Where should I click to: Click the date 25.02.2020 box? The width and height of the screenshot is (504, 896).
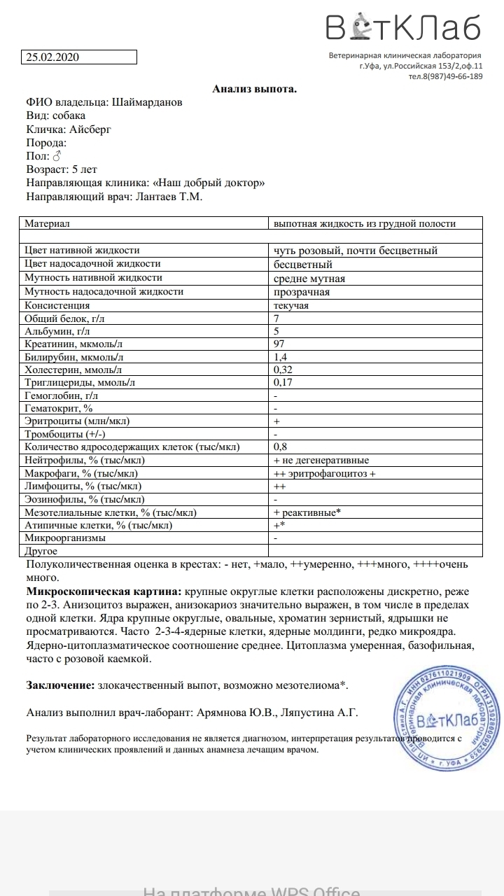coord(78,58)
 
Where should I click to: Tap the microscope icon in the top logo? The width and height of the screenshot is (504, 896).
coord(362,27)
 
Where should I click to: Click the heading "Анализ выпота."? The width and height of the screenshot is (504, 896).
coord(255,89)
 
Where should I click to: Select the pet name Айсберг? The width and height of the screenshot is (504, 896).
coord(90,129)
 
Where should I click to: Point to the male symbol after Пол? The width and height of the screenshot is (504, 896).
coord(57,156)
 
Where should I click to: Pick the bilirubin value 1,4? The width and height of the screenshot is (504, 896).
coord(280,357)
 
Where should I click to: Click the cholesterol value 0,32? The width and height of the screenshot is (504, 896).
coord(282,369)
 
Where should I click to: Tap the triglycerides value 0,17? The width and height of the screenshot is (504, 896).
coord(282,382)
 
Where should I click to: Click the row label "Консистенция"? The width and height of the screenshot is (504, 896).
coord(57,305)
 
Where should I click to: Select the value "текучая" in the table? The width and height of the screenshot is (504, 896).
coord(291,305)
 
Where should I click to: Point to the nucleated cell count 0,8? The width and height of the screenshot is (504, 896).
coord(280,447)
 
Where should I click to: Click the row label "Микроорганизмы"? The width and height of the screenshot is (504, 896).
coord(65,538)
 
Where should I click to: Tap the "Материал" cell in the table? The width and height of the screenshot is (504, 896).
coord(48,223)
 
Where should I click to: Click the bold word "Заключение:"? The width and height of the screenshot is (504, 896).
coord(60,685)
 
